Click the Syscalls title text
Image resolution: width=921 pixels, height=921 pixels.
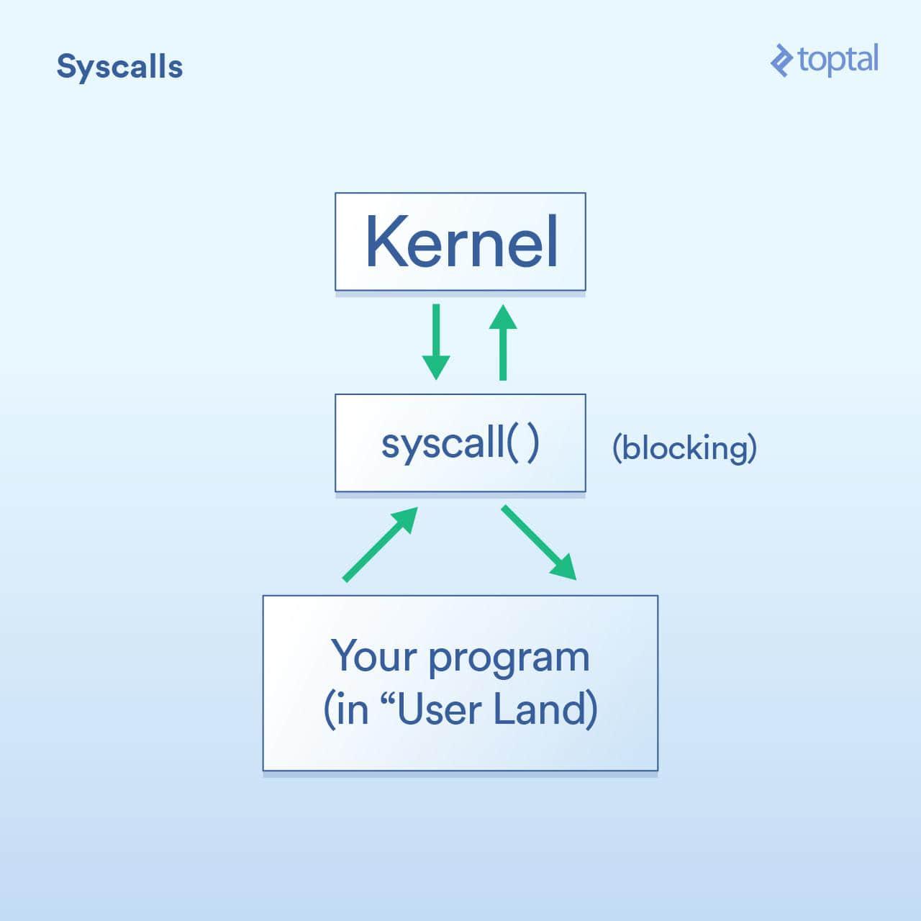119,67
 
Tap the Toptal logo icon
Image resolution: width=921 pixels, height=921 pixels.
782,60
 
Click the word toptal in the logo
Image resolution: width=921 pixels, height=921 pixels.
838,60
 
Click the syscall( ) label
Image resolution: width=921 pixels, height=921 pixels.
460,445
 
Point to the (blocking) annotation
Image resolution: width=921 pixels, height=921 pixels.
684,448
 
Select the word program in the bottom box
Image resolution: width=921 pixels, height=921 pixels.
509,660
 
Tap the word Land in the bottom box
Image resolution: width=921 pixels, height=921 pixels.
545,709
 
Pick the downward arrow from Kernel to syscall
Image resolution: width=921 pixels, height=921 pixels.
436,342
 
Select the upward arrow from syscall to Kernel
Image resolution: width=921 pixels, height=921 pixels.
503,342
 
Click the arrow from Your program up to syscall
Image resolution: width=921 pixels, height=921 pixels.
381,545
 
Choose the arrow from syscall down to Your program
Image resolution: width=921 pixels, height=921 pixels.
539,543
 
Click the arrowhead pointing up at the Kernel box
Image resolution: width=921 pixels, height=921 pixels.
503,317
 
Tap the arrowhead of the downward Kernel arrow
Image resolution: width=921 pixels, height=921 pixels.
436,368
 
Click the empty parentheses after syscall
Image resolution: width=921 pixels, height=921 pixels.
523,445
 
